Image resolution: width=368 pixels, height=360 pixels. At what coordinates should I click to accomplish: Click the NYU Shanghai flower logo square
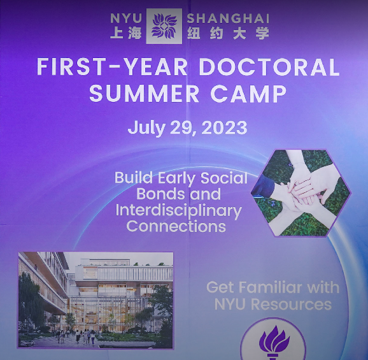pyautogui.click(x=164, y=26)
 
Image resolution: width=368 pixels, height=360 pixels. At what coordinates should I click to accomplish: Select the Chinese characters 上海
pyautogui.click(x=125, y=33)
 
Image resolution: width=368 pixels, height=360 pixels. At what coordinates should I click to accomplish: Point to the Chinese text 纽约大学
pyautogui.click(x=227, y=33)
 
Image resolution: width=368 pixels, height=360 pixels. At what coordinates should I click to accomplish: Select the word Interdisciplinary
pyautogui.click(x=178, y=210)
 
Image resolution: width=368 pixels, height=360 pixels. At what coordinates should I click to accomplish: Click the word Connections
pyautogui.click(x=176, y=226)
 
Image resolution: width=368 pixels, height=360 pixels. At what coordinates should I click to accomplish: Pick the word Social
pyautogui.click(x=222, y=178)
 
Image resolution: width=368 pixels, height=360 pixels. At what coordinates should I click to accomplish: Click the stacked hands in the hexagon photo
pyautogui.click(x=301, y=189)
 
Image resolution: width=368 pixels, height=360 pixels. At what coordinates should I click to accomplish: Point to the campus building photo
pyautogui.click(x=96, y=299)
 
